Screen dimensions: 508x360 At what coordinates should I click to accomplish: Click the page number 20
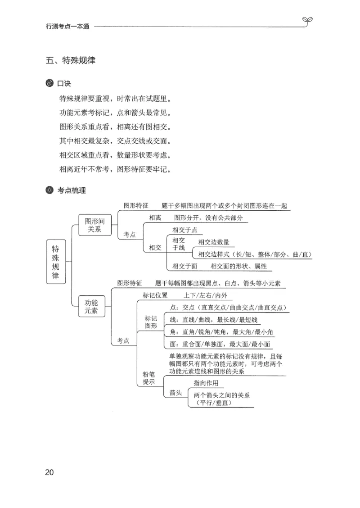[x=49, y=472]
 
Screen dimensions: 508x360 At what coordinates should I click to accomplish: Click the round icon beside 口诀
[x=49, y=84]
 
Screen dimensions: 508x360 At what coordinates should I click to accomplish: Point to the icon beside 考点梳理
[x=49, y=190]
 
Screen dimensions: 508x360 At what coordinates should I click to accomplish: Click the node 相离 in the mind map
[x=155, y=218]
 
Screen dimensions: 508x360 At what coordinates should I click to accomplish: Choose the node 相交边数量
[x=214, y=242]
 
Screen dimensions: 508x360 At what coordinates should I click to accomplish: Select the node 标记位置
[x=155, y=295]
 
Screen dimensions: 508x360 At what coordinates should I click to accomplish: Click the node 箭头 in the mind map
[x=175, y=393]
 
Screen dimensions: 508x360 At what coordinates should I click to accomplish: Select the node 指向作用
[x=206, y=383]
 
